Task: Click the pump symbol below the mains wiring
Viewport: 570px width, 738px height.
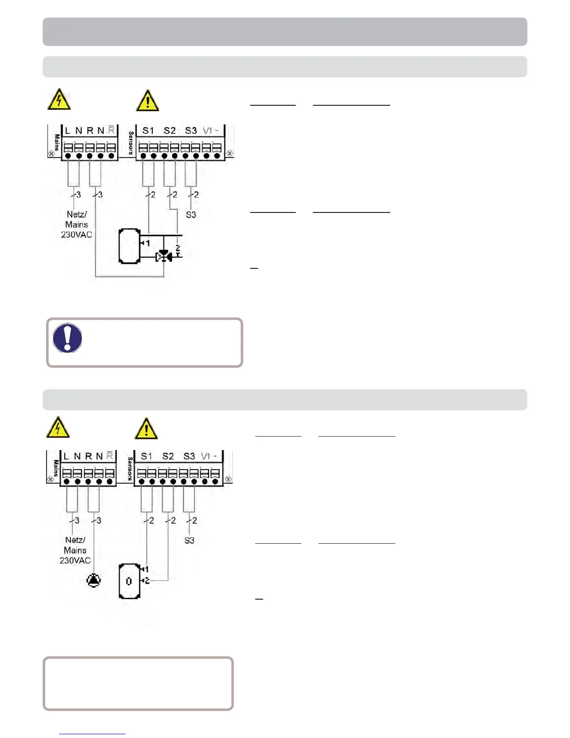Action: coord(94,581)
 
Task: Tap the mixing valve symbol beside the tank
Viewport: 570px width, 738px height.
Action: coord(163,256)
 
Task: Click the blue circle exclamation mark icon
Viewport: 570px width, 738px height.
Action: coord(68,338)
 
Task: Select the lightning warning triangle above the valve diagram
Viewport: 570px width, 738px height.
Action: coord(59,100)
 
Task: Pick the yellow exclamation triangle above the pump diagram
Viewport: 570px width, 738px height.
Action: coord(146,429)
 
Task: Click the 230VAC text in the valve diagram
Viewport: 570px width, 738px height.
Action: coord(76,234)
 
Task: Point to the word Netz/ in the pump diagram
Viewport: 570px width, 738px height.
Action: coord(75,540)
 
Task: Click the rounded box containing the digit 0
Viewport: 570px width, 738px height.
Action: coord(129,581)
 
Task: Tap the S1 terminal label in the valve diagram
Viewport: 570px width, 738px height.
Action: coord(148,130)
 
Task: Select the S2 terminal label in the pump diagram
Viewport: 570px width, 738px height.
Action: coord(168,456)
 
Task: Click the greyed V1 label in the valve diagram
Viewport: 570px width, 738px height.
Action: coord(207,130)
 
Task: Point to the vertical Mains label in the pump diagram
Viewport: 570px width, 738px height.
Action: coord(56,468)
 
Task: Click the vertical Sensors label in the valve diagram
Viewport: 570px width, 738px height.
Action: coord(131,143)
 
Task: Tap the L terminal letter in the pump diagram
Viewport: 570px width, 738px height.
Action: coord(66,456)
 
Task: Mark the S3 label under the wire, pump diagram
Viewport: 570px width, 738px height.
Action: coord(189,540)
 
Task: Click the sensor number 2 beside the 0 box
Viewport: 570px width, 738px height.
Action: coord(147,581)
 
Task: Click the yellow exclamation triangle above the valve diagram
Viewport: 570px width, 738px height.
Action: coord(148,101)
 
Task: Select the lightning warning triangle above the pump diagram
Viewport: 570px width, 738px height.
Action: coord(58,427)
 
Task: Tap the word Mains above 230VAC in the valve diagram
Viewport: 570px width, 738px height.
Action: coord(76,225)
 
